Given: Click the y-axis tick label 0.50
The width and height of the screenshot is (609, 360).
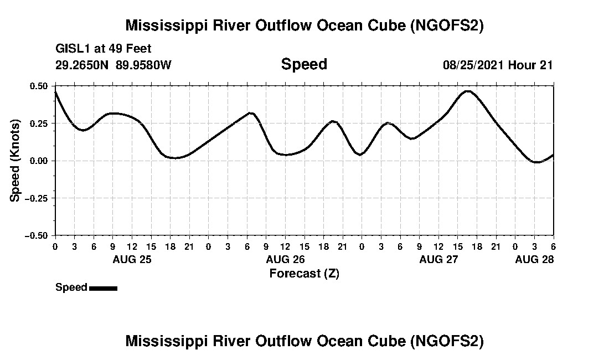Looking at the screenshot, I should coord(39,86).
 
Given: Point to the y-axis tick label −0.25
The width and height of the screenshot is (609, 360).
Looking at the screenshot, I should coord(37,198).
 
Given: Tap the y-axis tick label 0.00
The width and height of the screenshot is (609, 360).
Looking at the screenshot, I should coord(39,161).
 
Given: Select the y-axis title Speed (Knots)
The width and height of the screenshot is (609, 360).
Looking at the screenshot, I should coord(16,160).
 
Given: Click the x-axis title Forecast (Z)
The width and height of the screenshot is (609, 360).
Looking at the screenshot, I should coord(304,273).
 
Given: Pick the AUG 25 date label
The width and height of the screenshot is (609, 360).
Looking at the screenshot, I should coord(132,259).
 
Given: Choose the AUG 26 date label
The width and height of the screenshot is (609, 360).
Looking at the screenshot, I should coord(285,259).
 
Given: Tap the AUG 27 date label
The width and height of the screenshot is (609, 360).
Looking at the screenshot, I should coord(438,259).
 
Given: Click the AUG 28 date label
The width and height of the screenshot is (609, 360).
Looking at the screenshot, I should coord(534,259).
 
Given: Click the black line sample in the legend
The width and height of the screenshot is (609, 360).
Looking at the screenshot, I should coord(103,288).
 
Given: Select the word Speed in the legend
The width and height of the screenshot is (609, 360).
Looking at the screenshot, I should coord(71,287).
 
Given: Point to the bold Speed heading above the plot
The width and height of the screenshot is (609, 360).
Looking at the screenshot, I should coord(304,64).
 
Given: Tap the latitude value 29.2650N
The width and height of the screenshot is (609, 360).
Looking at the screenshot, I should coord(82,65).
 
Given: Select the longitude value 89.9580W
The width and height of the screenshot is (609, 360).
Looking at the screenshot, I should coord(144,65).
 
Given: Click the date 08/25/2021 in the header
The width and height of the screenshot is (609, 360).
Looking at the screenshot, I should coord(473,65).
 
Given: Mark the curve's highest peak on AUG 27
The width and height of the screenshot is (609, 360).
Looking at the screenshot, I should coord(468,91).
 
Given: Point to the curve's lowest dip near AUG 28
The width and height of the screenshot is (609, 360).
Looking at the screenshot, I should coord(535,162).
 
